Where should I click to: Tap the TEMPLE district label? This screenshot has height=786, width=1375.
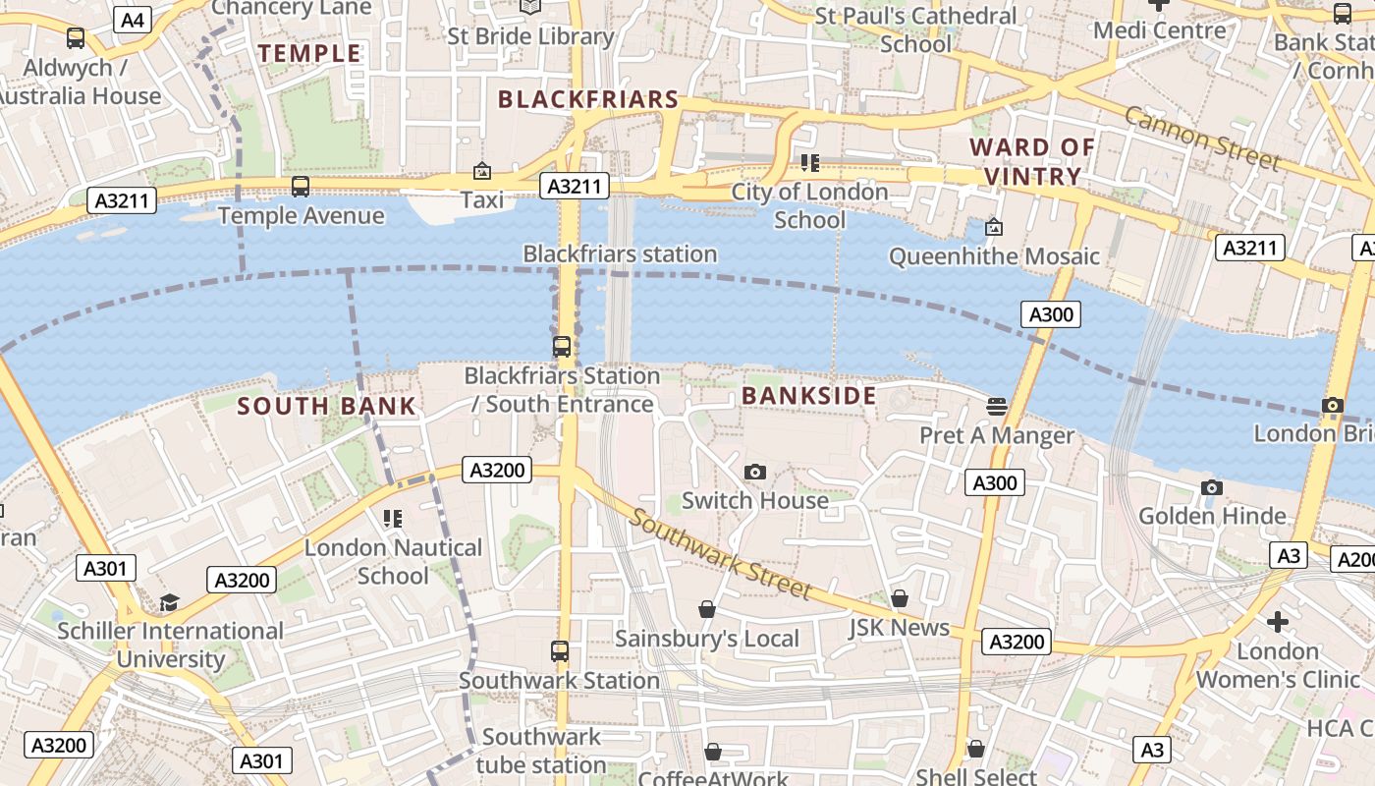click(x=309, y=53)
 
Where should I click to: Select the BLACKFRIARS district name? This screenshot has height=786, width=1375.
click(x=588, y=99)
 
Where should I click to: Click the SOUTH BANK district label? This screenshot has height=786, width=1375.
click(x=327, y=406)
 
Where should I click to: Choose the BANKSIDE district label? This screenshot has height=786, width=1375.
click(x=808, y=396)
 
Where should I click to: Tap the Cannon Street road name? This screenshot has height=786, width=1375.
click(x=1202, y=138)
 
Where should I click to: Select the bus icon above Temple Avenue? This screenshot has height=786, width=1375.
click(x=301, y=187)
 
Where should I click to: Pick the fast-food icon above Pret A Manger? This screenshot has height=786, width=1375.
click(x=997, y=406)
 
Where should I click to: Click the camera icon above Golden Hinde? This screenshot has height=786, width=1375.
click(x=1212, y=487)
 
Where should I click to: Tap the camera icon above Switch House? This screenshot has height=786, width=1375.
click(x=754, y=472)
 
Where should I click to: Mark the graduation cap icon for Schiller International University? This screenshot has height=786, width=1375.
click(x=170, y=602)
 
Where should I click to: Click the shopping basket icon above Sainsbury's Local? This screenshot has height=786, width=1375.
click(x=707, y=610)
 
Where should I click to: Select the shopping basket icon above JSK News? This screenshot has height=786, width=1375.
click(x=900, y=598)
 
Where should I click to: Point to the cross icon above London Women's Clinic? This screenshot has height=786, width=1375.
click(x=1277, y=622)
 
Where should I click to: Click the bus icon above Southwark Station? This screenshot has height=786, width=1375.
click(x=560, y=651)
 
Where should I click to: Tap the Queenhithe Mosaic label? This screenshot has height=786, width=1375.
click(x=994, y=256)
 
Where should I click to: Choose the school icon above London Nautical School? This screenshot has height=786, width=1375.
click(x=393, y=519)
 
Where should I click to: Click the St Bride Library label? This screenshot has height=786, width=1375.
click(x=530, y=36)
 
